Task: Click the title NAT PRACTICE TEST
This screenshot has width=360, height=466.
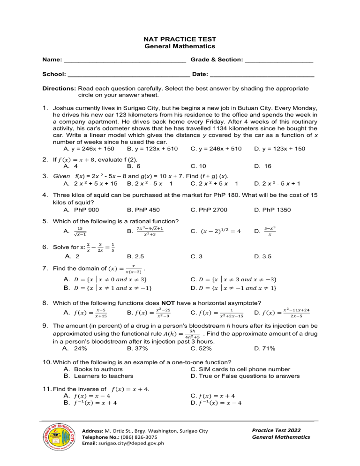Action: pyautogui.click(x=180, y=40)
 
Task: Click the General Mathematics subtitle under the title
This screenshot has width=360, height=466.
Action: pyautogui.click(x=180, y=46)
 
